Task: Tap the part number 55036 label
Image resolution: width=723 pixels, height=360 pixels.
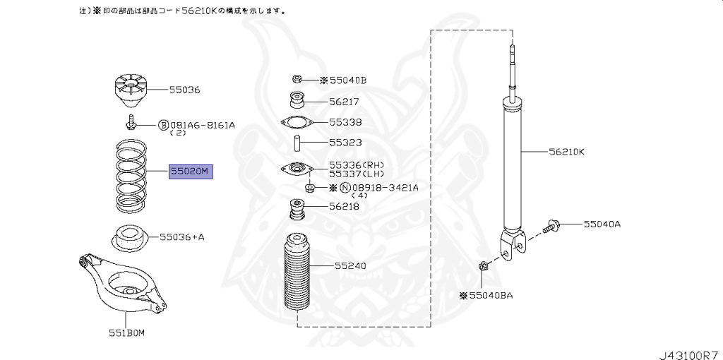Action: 184,90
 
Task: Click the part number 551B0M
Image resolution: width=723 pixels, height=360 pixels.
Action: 127,332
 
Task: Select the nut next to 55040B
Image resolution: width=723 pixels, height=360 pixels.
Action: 297,80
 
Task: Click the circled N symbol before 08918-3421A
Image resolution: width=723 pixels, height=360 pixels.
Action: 345,188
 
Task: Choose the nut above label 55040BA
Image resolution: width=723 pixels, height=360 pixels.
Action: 484,268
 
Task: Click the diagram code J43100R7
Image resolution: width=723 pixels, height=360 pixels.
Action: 688,349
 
